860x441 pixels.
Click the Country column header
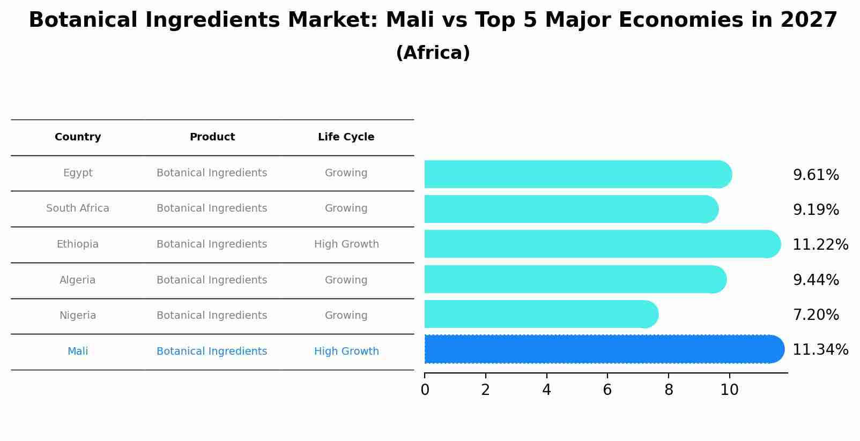(x=78, y=137)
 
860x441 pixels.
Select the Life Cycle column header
(x=346, y=137)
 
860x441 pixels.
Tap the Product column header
(x=212, y=137)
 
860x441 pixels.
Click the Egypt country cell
(x=78, y=173)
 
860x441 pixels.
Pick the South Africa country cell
(x=78, y=208)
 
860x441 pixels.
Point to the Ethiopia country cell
(x=78, y=244)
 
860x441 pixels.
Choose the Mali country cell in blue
(x=78, y=352)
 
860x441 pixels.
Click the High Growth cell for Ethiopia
(x=346, y=244)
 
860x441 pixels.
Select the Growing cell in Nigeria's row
(x=346, y=316)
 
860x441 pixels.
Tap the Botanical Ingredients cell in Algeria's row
(x=212, y=280)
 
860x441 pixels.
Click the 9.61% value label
(x=815, y=175)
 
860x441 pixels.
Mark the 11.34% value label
(x=820, y=350)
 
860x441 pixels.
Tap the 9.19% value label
(x=815, y=210)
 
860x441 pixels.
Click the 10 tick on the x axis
(x=729, y=390)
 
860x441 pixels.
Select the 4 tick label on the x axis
(x=546, y=390)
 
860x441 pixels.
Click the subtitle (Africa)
(x=433, y=53)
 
